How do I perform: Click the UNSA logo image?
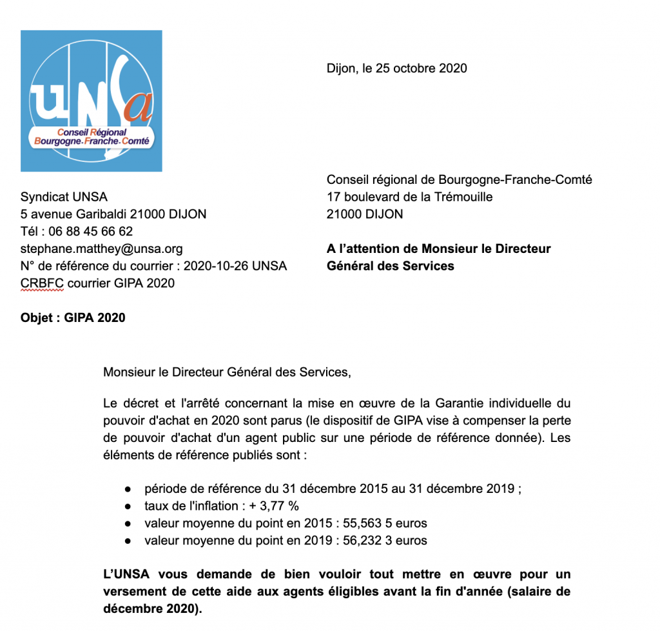click(x=91, y=101)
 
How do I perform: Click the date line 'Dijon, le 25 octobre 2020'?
click(x=396, y=68)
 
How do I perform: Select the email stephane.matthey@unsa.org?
click(x=102, y=248)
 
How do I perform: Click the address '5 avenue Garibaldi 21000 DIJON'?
click(x=113, y=214)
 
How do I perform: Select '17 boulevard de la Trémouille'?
click(x=409, y=197)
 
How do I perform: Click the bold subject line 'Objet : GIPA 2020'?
click(x=73, y=317)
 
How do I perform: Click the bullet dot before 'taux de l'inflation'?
click(x=129, y=506)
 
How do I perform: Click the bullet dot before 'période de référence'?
click(x=129, y=489)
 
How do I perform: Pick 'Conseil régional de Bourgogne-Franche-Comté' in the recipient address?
click(x=459, y=180)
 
